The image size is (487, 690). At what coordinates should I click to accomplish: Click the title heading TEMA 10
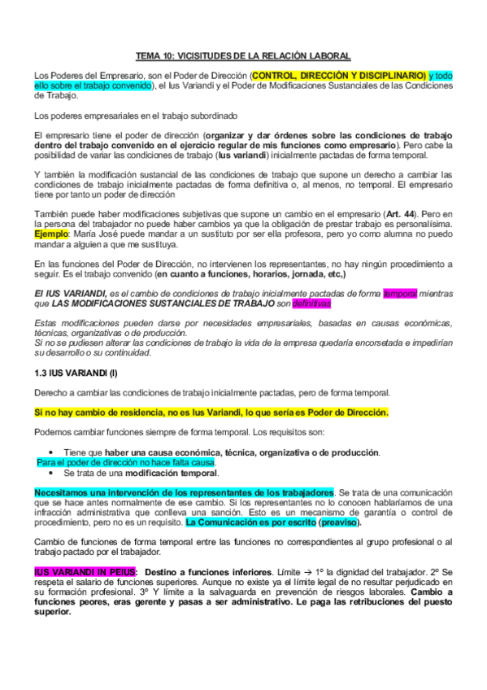243,55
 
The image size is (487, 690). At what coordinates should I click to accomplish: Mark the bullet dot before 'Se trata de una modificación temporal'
51,473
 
